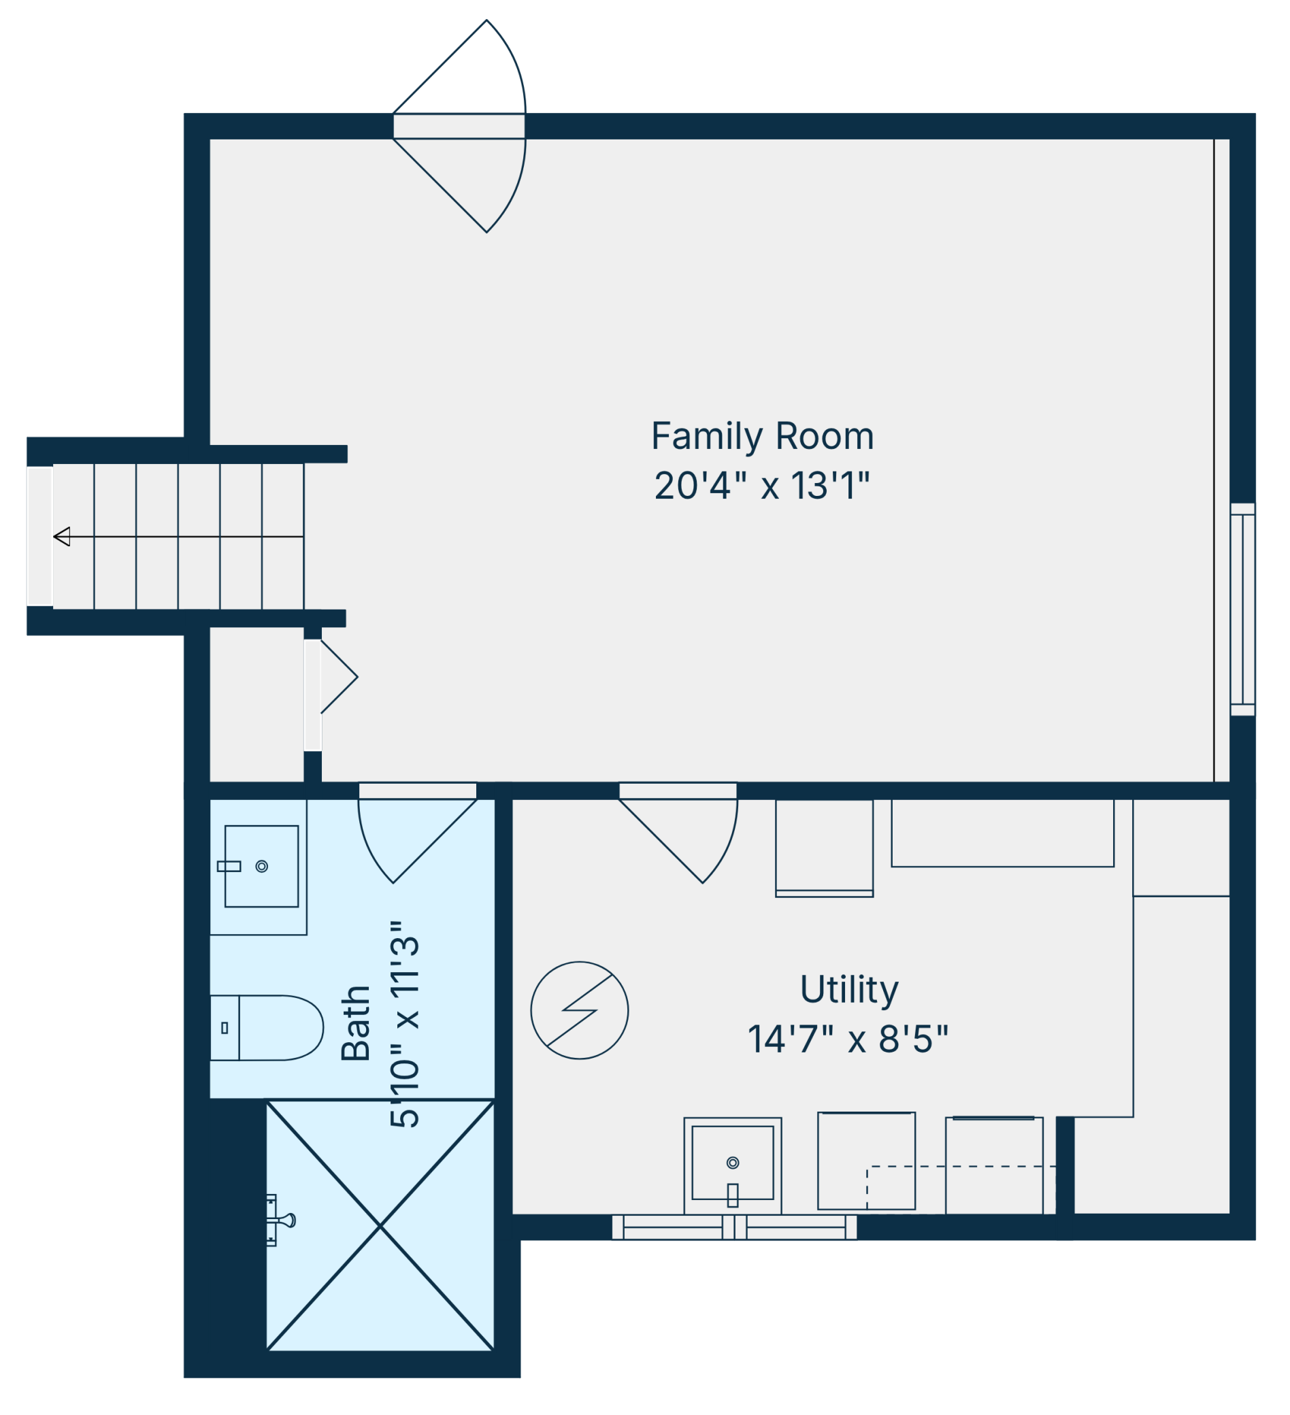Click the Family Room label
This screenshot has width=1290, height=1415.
[762, 437]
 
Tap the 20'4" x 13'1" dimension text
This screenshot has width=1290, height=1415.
[762, 486]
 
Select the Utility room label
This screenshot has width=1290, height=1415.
[848, 990]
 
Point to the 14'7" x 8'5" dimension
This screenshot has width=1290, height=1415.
[848, 1039]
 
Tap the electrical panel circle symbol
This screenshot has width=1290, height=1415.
[579, 1010]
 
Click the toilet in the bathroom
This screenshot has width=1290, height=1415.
[267, 1027]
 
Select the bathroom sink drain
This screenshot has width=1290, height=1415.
[262, 866]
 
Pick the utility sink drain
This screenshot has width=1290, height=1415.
[733, 1163]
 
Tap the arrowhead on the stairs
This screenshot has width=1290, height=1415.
[62, 536]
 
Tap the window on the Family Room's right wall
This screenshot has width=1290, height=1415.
[1242, 610]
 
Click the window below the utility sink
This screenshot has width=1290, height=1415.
[734, 1228]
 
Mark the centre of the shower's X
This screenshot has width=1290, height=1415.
[380, 1225]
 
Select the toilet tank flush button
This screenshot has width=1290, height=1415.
[225, 1027]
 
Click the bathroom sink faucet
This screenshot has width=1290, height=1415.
[229, 866]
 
